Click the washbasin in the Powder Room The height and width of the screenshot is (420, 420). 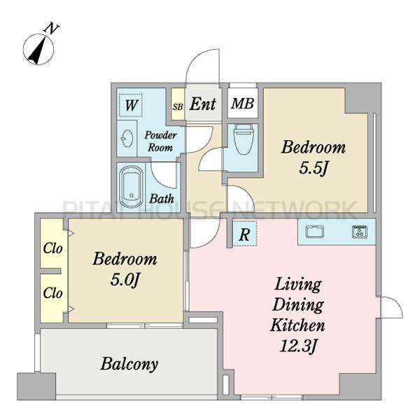127,138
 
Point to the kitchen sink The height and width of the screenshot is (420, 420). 315,232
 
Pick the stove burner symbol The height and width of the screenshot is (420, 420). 360,232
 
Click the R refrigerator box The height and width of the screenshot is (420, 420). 244,234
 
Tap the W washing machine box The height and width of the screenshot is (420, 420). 130,105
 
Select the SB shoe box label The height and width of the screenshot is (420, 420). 178,107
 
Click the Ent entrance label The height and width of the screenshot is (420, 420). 203,104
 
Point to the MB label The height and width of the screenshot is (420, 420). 242,104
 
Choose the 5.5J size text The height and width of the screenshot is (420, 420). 313,169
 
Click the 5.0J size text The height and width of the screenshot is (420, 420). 125,281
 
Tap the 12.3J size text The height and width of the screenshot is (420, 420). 298,346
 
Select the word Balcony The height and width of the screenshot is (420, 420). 129,364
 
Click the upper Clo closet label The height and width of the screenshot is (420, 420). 52,248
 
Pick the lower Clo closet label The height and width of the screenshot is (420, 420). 52,293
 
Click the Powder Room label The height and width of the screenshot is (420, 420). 160,141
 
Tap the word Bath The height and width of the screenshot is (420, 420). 162,199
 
